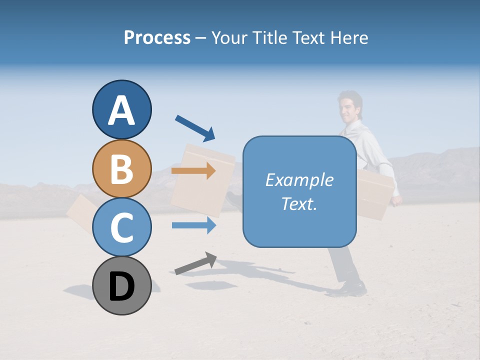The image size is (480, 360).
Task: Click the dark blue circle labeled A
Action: [x=121, y=110]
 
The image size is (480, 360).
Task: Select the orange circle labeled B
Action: [x=121, y=169]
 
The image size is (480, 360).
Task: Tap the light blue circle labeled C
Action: [x=121, y=227]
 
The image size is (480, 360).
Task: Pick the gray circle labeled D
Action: [x=121, y=286]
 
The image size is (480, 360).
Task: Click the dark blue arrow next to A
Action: [x=195, y=127]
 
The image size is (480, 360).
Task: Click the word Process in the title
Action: [x=157, y=37]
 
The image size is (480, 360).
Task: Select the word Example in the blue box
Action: [x=299, y=180]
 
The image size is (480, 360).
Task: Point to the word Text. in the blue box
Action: [x=299, y=204]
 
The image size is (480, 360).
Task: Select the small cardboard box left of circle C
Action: [x=80, y=212]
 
